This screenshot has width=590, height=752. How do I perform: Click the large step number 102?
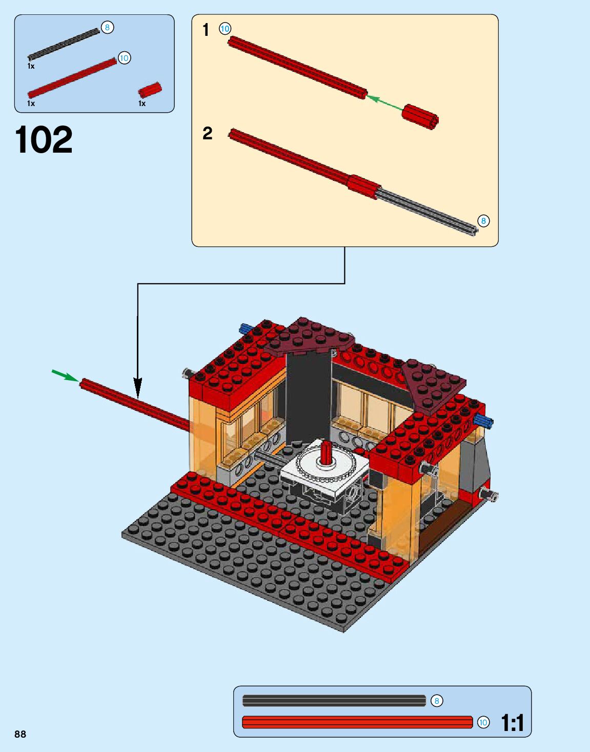pyautogui.click(x=44, y=140)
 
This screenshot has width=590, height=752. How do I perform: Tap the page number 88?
pyautogui.click(x=20, y=734)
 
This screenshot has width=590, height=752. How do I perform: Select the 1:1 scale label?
pyautogui.click(x=512, y=723)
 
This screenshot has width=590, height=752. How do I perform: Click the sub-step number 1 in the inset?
pyautogui.click(x=206, y=30)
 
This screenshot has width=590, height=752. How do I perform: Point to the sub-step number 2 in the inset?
pyautogui.click(x=207, y=134)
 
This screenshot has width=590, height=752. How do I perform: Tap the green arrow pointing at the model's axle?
pyautogui.click(x=65, y=376)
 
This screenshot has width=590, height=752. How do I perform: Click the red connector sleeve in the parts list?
pyautogui.click(x=150, y=90)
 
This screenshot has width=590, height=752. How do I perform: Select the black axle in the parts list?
pyautogui.click(x=64, y=44)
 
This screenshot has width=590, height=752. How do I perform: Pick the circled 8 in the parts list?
pyautogui.click(x=107, y=27)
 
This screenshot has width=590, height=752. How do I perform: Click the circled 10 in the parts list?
pyautogui.click(x=124, y=58)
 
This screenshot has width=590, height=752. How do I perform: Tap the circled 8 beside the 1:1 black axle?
pyautogui.click(x=436, y=701)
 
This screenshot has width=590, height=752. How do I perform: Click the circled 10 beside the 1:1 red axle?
pyautogui.click(x=483, y=722)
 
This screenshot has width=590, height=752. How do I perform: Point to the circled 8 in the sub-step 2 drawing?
pyautogui.click(x=483, y=221)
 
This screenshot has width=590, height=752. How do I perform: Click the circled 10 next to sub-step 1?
pyautogui.click(x=225, y=29)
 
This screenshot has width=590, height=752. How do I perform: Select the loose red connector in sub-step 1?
pyautogui.click(x=420, y=117)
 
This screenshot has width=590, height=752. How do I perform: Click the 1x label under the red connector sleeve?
pyautogui.click(x=142, y=103)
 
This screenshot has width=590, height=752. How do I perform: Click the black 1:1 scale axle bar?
pyautogui.click(x=334, y=700)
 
